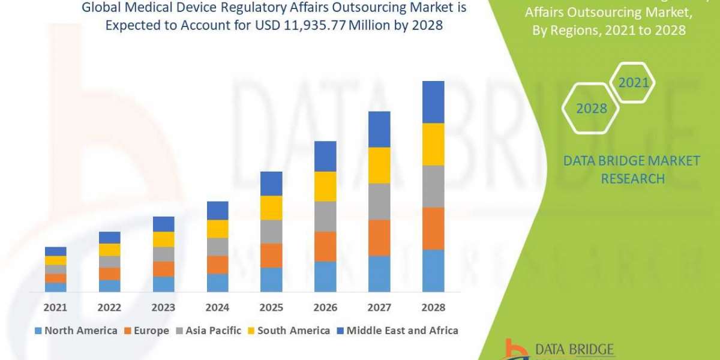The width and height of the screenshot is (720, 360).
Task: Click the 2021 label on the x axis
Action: click(55, 308)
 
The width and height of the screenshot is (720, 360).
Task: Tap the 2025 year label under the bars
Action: click(271, 308)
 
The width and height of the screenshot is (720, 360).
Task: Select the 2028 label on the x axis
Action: click(433, 308)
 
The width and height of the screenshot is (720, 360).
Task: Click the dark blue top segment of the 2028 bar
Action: click(433, 102)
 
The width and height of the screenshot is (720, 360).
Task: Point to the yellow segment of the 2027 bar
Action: click(379, 166)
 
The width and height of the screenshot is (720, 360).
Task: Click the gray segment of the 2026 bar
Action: click(325, 217)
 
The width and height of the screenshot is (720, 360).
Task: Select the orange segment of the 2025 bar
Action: click(271, 256)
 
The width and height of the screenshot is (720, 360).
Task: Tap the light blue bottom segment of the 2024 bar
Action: click(217, 283)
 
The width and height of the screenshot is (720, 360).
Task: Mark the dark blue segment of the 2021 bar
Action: click(55, 251)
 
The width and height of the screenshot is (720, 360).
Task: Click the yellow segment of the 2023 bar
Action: click(163, 239)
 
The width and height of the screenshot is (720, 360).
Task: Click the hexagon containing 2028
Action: click(590, 109)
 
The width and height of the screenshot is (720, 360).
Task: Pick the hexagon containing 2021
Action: click(634, 83)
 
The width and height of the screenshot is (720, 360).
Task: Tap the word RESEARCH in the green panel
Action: click(632, 179)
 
